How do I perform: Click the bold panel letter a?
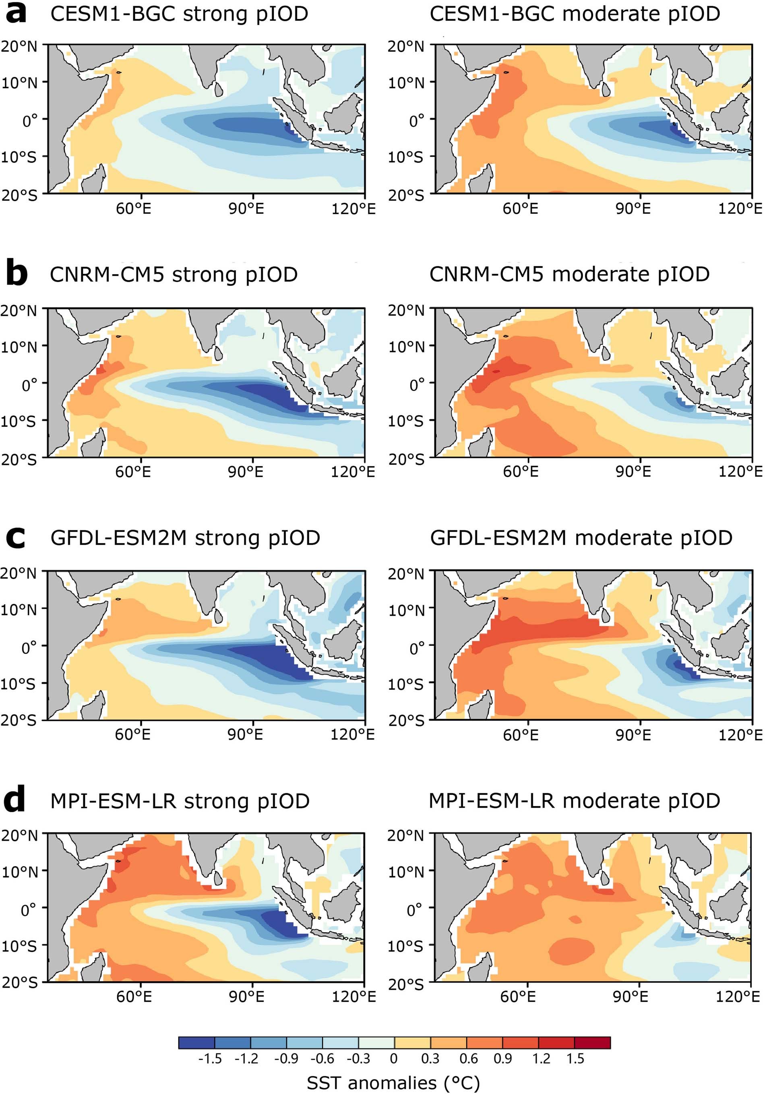coord(16,14)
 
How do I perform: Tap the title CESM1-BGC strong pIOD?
coord(179,14)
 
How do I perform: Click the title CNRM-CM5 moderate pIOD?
coord(569,275)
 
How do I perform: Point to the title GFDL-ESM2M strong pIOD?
coord(185,538)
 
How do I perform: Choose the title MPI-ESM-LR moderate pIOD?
coord(574,801)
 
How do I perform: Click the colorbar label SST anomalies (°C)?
coord(393,1083)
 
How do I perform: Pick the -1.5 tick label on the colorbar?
coord(210,1059)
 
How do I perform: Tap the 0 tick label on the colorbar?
coord(393,1059)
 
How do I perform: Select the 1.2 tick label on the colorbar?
coord(541,1059)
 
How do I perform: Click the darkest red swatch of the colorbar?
coord(592,1042)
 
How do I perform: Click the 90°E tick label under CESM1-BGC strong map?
coord(246,209)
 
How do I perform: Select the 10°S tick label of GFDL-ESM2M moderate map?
coord(405,684)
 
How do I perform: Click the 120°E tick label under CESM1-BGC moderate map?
coord(740,209)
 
